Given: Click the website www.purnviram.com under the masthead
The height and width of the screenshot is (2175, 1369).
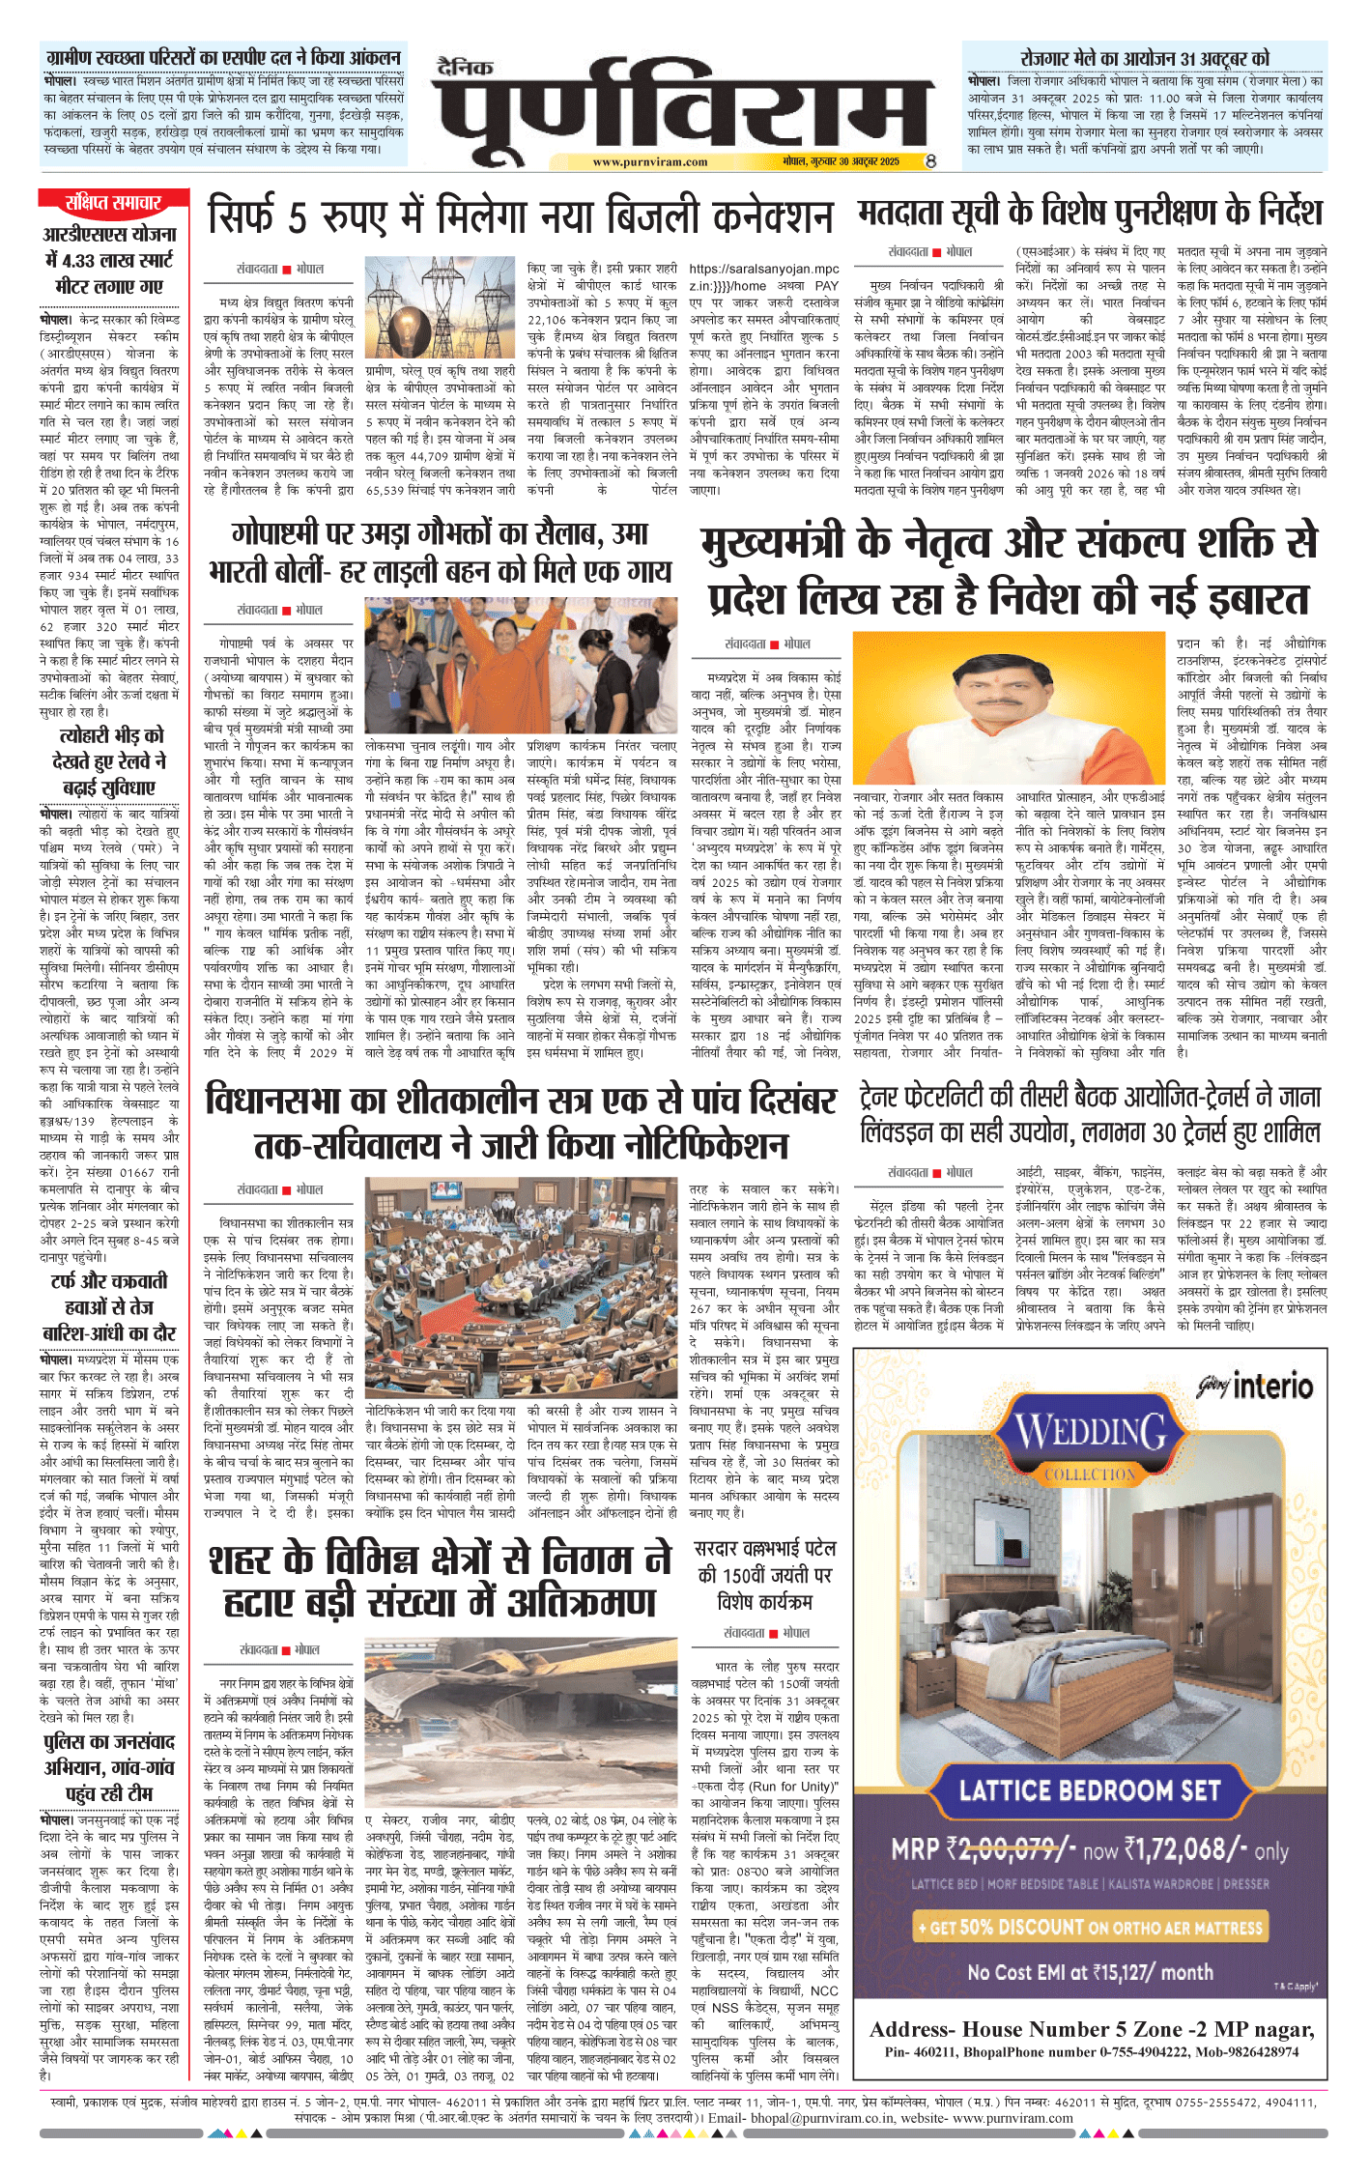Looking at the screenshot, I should click(649, 162).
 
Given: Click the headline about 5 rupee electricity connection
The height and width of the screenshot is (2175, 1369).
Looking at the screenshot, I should click(520, 216).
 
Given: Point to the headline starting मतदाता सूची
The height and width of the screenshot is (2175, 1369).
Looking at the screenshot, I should click(1090, 212).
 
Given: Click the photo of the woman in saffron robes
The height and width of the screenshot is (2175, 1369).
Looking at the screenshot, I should click(521, 665).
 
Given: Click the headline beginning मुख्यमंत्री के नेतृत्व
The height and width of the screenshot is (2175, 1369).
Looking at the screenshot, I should click(1009, 571).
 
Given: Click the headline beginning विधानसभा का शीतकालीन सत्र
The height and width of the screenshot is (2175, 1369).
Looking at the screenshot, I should click(521, 1123).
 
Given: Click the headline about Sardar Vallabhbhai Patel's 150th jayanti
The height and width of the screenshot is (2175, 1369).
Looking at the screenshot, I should click(765, 1575).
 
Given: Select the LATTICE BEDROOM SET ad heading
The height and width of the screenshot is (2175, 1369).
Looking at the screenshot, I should click(1090, 1790).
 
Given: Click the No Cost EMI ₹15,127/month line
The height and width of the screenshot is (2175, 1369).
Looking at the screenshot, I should click(1090, 1972).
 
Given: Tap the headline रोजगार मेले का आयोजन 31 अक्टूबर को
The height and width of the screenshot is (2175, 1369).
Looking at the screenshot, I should click(1144, 58).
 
